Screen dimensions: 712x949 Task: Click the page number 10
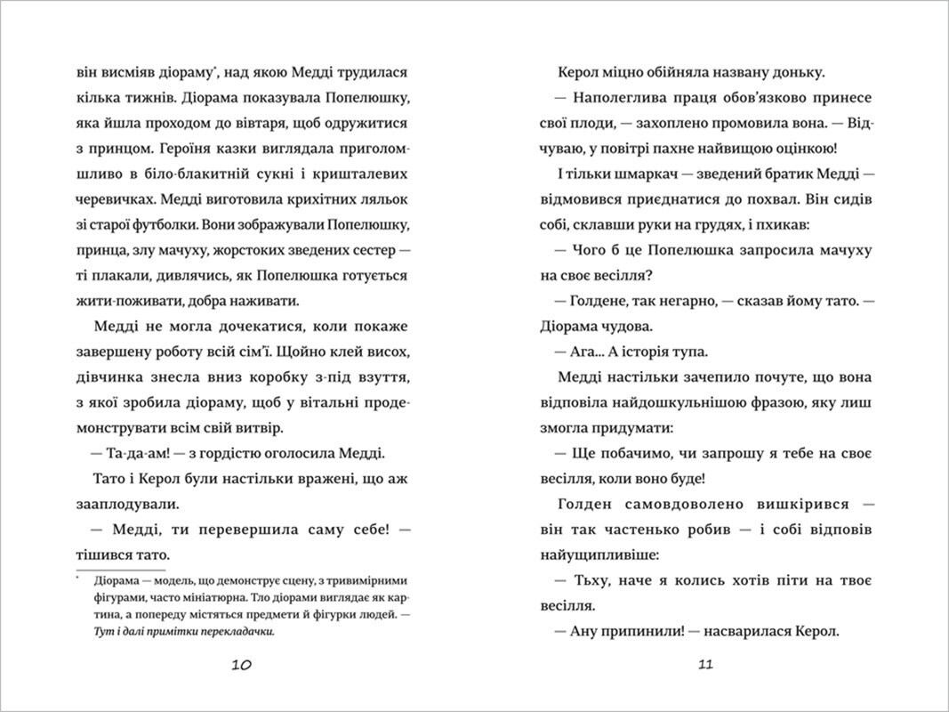(x=242, y=665)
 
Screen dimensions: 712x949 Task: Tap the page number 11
(x=707, y=665)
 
